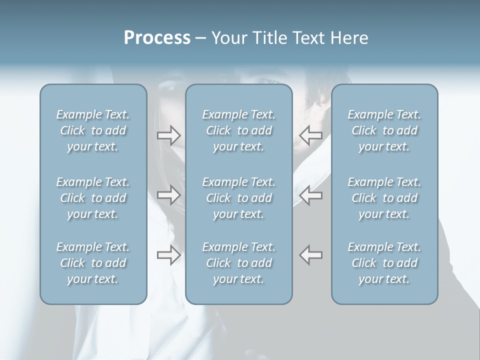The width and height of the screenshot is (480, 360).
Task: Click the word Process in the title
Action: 157,38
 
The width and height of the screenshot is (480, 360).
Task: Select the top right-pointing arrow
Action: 169,135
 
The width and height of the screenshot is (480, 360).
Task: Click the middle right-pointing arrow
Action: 169,194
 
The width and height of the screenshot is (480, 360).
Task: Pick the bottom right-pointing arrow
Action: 169,254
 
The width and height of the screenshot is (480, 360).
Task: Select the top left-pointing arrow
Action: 310,135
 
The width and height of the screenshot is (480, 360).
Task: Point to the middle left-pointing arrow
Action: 310,194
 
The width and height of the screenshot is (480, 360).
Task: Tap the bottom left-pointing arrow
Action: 310,254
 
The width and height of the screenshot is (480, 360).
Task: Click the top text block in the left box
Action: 93,130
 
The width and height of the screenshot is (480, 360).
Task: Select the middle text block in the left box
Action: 93,198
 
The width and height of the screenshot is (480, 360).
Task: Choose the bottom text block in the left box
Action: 93,263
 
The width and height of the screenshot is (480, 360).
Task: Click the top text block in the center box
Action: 238,130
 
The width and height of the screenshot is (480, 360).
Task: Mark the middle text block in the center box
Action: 238,198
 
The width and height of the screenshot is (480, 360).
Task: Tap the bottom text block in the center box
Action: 238,263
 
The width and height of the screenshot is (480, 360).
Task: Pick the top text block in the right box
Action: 384,130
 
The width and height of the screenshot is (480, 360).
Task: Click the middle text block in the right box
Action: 384,198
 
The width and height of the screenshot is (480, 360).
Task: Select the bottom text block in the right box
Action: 384,263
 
